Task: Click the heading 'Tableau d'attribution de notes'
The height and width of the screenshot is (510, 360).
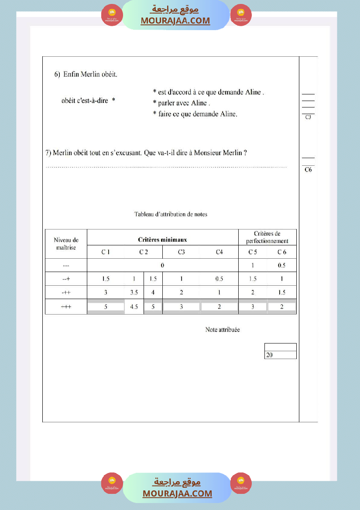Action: coord(171,214)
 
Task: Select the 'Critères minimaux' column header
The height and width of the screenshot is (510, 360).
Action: coord(162,240)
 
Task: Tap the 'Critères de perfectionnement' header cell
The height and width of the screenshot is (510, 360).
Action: coord(267,237)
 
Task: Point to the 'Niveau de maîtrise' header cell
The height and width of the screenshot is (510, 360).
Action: coord(66,243)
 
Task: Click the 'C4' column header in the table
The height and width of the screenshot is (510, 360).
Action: coord(219,252)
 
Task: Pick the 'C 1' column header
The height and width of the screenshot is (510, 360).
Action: coord(106,252)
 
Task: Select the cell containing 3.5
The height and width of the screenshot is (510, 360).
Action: coord(134,293)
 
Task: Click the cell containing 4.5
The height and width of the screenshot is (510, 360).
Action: coord(134,307)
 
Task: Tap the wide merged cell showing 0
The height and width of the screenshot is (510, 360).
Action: coord(162,265)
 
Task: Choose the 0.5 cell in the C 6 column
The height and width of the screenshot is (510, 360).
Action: coord(281,265)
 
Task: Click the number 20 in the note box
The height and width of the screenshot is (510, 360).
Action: coord(269,355)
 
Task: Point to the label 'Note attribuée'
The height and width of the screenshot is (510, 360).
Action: coord(223,330)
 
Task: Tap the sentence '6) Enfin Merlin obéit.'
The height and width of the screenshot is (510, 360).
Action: coord(86,74)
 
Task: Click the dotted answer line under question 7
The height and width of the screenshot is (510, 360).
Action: coord(166,167)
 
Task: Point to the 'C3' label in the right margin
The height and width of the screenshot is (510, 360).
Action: coord(308,117)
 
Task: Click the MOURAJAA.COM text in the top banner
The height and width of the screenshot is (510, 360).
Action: coord(175,21)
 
